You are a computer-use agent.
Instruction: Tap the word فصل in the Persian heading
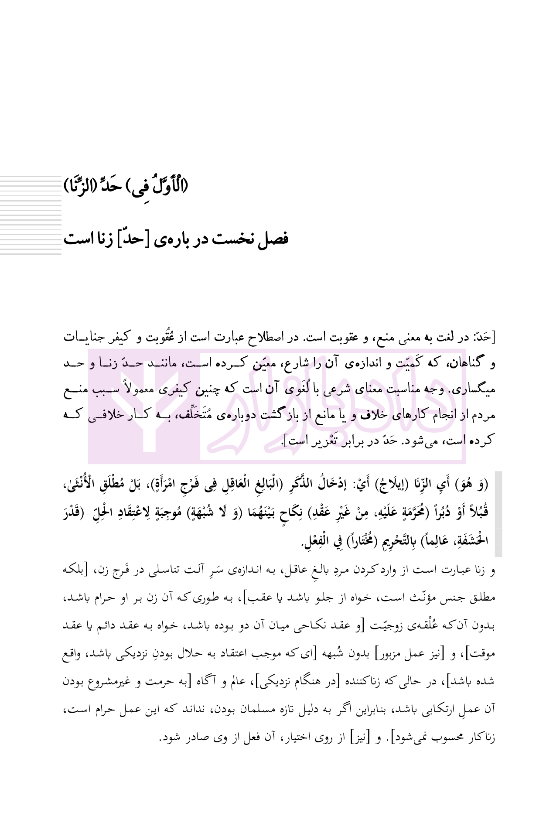point(273,239)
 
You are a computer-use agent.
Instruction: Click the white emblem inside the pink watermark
point(144,406)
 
